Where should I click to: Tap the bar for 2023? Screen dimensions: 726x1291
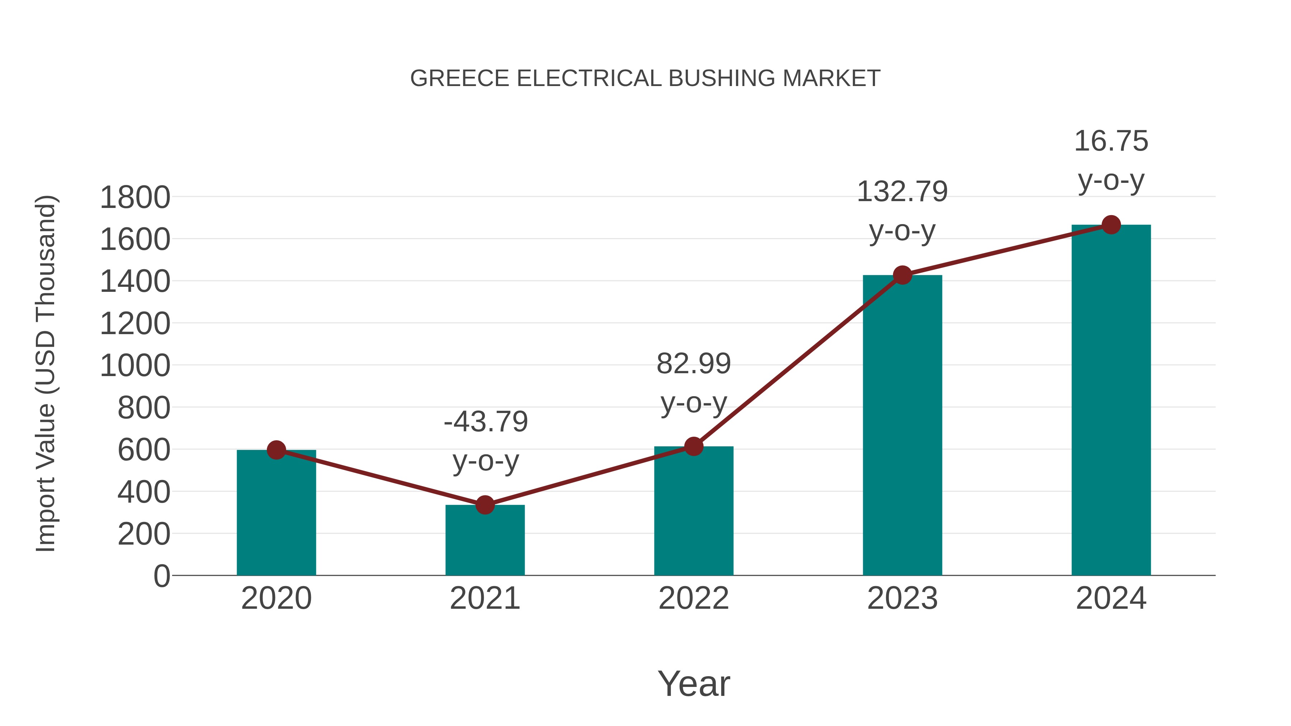point(902,426)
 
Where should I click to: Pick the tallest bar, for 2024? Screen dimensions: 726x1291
point(1111,401)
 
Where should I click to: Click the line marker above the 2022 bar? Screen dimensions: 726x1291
point(694,446)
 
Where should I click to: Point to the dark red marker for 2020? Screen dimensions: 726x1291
point(276,450)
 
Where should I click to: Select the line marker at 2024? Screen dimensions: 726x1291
point(1111,225)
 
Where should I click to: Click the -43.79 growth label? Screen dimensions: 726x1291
point(486,422)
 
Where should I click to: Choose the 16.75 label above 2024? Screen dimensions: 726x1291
point(1111,141)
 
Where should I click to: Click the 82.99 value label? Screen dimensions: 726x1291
point(694,364)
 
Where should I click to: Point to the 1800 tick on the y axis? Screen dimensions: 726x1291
point(135,198)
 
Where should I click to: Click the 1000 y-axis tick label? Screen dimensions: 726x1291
point(135,366)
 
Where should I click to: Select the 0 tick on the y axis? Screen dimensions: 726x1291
point(161,576)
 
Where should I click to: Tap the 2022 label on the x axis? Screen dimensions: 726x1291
point(694,599)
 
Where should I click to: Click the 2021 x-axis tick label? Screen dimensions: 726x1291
point(484,599)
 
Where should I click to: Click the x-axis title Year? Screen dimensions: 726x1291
point(694,684)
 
